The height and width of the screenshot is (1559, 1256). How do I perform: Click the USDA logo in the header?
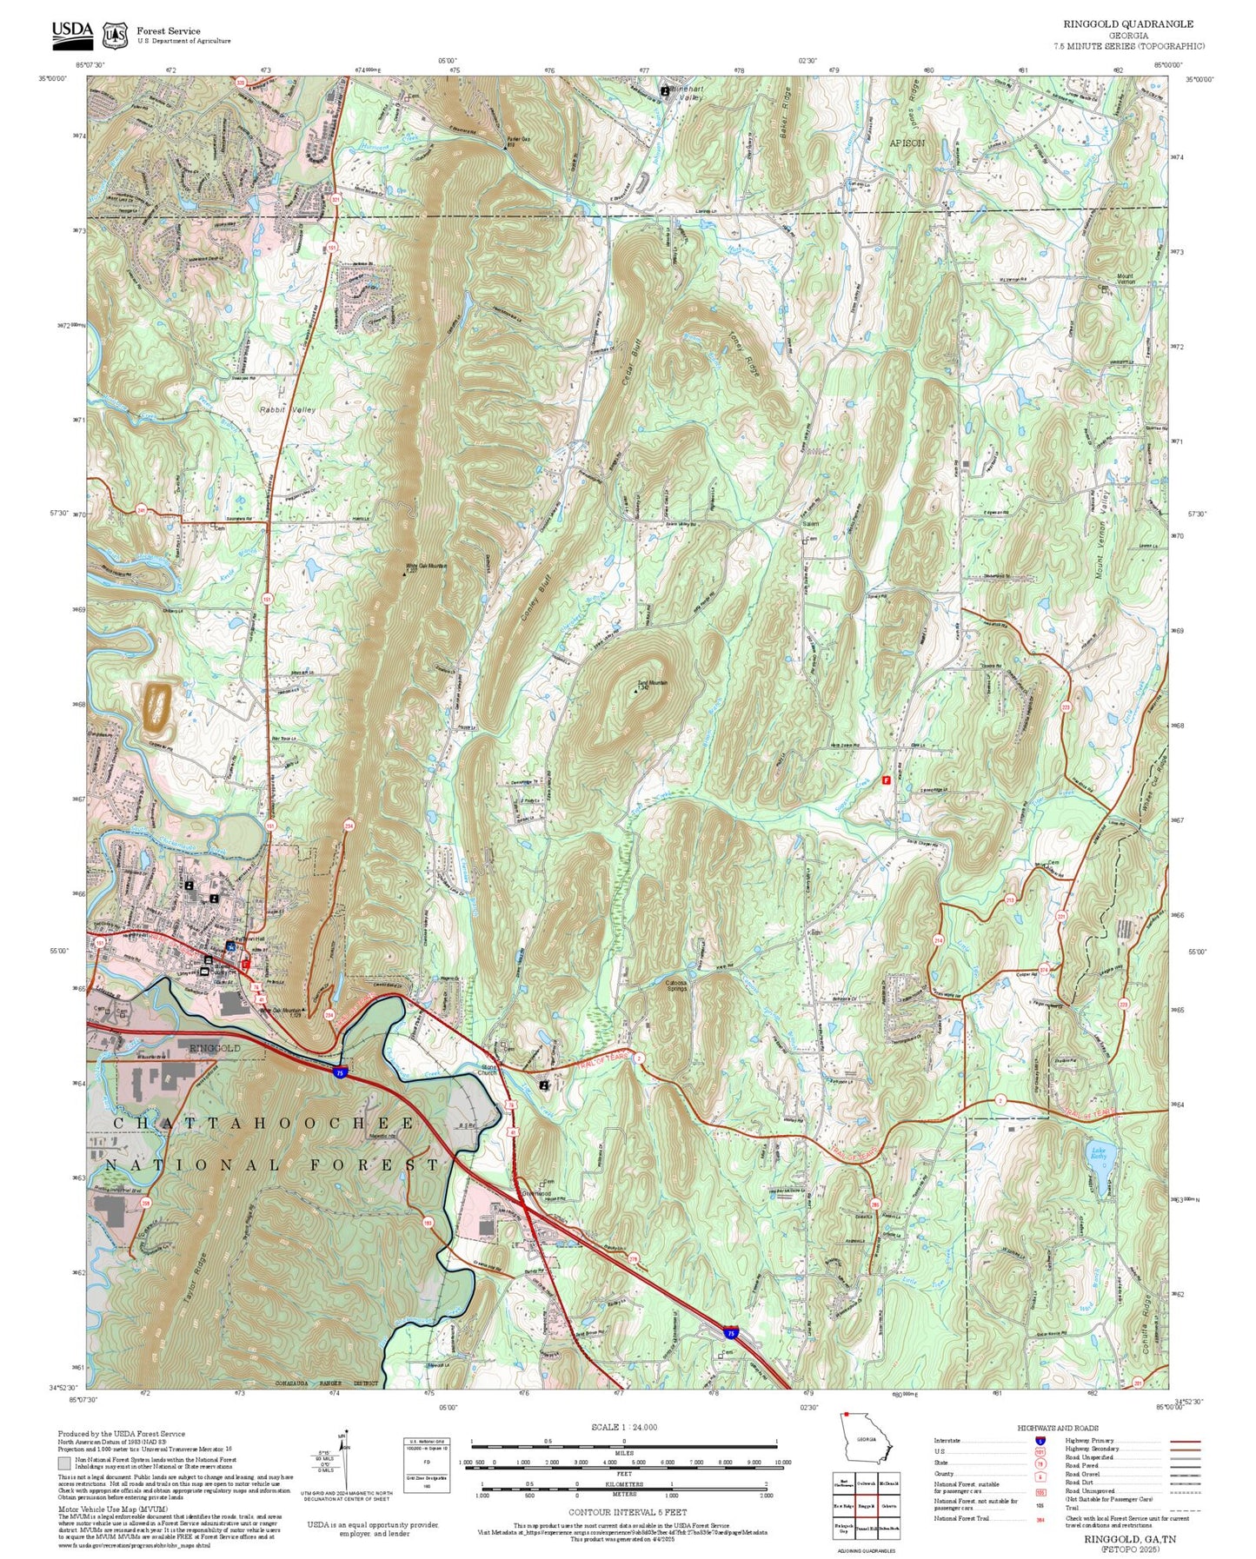click(x=72, y=31)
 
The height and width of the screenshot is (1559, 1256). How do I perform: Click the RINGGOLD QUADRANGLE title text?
click(x=1128, y=24)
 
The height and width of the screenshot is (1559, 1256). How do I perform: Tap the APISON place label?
click(x=907, y=142)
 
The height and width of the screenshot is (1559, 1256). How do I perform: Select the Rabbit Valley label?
click(x=288, y=408)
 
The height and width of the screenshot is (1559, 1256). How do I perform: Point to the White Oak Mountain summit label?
click(x=426, y=567)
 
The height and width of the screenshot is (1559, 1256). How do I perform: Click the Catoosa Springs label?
click(x=677, y=985)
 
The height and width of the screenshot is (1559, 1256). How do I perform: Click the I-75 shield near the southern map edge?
click(x=731, y=1332)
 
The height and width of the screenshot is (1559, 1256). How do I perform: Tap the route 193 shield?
click(x=428, y=1223)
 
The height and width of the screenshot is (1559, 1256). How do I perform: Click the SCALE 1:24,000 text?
click(x=623, y=1427)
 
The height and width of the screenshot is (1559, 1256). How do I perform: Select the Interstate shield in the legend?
click(x=1040, y=1441)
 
